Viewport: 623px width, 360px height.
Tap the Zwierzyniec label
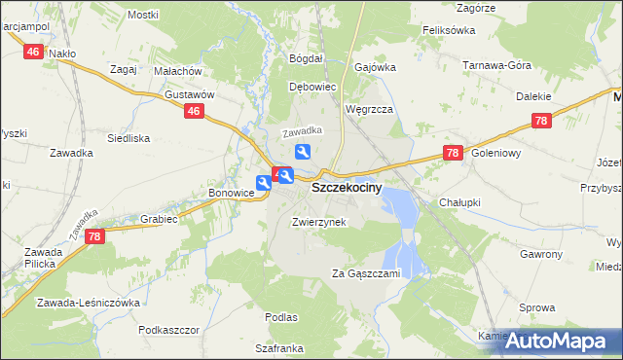318,222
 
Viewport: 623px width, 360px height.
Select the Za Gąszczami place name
366,273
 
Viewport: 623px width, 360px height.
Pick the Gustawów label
189,94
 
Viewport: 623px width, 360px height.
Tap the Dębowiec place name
312,87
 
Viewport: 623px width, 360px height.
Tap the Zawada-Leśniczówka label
89,303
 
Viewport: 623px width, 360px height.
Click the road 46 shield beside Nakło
33,52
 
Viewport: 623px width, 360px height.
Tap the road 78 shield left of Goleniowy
452,153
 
